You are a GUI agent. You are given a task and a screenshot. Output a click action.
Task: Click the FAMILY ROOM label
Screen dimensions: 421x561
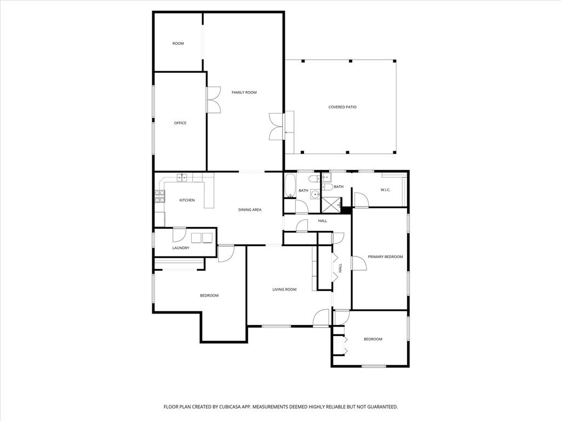244,93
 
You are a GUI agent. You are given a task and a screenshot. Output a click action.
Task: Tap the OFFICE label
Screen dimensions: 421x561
180,123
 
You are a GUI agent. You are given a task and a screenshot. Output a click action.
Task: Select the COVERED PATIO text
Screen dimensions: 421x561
342,107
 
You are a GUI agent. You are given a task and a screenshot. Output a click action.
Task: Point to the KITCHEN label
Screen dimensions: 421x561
187,200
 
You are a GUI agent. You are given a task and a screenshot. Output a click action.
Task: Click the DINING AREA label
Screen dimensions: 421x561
249,210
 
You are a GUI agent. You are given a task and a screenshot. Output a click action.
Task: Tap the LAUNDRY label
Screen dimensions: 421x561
181,248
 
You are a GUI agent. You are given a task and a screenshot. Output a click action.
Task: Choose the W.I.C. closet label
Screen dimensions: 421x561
385,190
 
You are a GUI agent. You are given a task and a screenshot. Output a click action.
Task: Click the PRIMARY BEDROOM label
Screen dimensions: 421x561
385,257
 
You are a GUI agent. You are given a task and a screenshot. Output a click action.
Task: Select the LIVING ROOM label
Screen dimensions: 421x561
284,289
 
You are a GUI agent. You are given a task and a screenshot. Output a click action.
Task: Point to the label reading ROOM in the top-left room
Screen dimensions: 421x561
178,43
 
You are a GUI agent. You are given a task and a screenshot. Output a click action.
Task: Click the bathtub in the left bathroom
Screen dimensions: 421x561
290,185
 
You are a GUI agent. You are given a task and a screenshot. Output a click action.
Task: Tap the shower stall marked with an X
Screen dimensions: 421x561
330,204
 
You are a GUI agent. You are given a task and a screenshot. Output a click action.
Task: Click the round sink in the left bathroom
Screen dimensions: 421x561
315,194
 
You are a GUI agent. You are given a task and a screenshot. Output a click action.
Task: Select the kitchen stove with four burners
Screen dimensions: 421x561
160,196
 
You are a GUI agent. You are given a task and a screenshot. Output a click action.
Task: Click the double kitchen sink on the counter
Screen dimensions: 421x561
182,177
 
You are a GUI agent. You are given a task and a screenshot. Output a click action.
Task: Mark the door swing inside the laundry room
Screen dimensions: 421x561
180,235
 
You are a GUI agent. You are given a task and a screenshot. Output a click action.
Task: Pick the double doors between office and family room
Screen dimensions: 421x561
214,100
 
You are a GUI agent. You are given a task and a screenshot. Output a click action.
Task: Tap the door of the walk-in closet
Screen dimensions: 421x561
361,200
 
